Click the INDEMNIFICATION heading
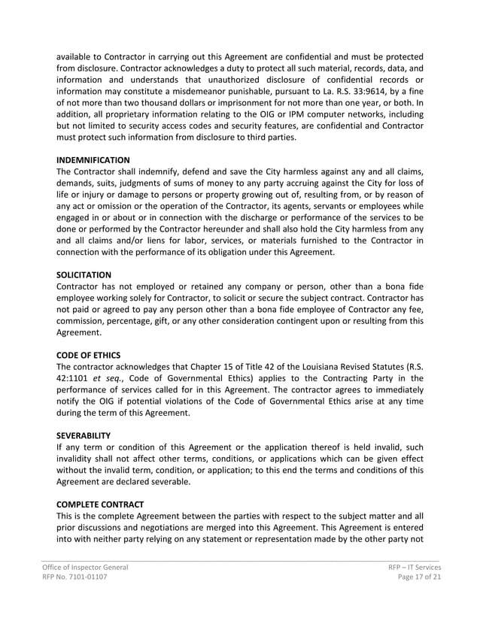tap(93, 160)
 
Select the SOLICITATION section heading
tap(84, 276)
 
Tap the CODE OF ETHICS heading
tap(88, 354)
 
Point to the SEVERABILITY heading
tap(84, 435)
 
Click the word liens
tap(134, 241)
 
